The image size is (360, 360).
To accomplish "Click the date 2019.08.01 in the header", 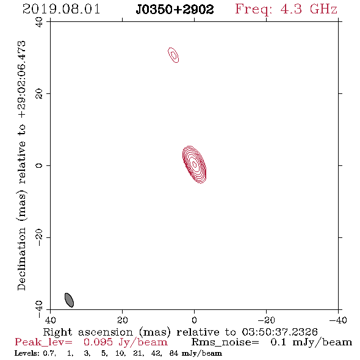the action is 61,9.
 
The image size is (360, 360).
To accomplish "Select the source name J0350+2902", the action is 175,10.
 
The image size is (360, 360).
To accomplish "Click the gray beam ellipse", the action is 69,300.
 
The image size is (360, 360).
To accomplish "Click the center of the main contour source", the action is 195,164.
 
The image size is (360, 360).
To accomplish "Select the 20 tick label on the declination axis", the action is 39,94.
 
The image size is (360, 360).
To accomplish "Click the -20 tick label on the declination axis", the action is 39,237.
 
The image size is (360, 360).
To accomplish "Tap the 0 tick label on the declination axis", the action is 39,165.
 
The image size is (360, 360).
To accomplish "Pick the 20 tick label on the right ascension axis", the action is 122,320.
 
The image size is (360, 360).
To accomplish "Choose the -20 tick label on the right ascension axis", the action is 266,320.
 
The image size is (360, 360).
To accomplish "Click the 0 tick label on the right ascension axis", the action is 194,320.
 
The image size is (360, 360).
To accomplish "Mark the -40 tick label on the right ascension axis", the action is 338,320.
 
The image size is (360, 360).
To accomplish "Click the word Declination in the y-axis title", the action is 21,259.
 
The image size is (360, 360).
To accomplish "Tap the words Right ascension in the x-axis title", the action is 88,332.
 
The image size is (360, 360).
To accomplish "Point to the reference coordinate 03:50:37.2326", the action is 279,332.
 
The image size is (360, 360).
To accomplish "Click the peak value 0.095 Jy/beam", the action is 126,342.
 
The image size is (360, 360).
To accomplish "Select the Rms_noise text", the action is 225,342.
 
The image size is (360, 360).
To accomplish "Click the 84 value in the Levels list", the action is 174,353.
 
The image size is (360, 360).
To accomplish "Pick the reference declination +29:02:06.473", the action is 21,79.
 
